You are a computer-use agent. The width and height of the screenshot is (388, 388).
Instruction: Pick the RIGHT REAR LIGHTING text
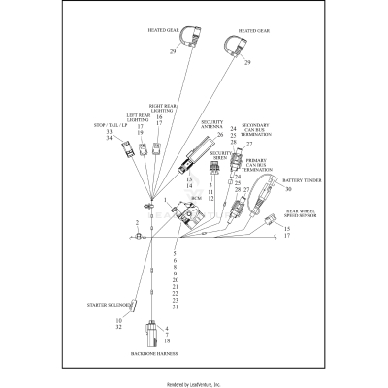pos(162,108)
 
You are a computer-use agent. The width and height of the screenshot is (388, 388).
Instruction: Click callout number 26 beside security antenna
pos(220,134)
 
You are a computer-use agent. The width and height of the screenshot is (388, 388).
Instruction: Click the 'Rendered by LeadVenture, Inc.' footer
pos(194,383)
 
